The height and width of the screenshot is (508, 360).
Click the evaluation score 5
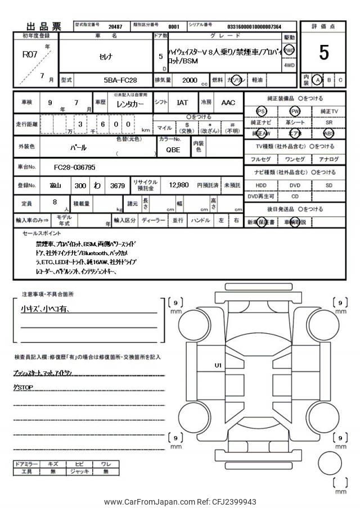click(323, 52)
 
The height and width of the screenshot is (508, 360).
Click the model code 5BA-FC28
click(120, 80)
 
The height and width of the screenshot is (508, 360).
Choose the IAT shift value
click(183, 103)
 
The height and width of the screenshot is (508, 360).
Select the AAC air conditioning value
click(228, 103)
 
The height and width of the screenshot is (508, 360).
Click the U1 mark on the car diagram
click(218, 365)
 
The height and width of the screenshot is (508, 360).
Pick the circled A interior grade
click(318, 80)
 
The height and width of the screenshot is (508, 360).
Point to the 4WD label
click(289, 65)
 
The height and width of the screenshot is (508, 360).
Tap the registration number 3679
click(118, 185)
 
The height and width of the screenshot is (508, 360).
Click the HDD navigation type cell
click(261, 185)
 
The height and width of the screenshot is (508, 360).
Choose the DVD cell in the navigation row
click(295, 185)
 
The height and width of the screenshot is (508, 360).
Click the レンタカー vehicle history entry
click(130, 103)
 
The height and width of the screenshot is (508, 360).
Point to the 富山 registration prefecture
click(55, 185)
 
